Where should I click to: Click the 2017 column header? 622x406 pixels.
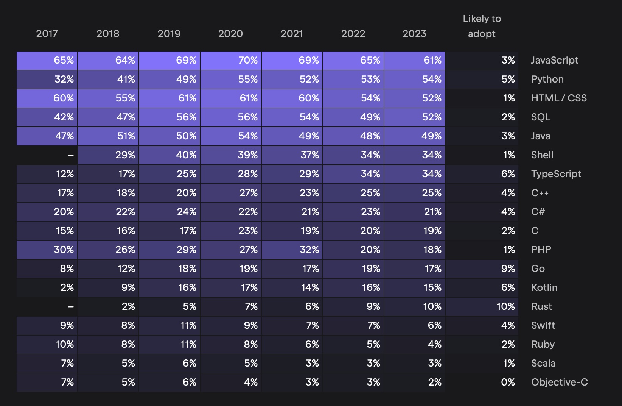pyautogui.click(x=47, y=34)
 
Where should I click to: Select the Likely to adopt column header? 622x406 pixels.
pyautogui.click(x=482, y=26)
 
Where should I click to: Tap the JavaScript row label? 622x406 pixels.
pyautogui.click(x=554, y=60)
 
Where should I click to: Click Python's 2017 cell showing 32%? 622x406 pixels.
pyautogui.click(x=47, y=80)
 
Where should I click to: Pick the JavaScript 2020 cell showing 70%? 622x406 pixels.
pyautogui.click(x=231, y=61)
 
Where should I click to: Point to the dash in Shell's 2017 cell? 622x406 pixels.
pyautogui.click(x=70, y=155)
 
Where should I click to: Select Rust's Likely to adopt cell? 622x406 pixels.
pyautogui.click(x=482, y=307)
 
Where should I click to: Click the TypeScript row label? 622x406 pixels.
pyautogui.click(x=556, y=174)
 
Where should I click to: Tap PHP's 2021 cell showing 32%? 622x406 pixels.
pyautogui.click(x=292, y=250)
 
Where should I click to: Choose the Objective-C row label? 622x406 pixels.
pyautogui.click(x=559, y=382)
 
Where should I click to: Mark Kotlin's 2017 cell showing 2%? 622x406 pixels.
pyautogui.click(x=47, y=288)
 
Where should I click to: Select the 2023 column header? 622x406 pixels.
pyautogui.click(x=414, y=34)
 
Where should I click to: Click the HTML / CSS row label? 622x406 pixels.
pyautogui.click(x=559, y=98)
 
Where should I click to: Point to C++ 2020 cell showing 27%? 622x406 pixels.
pyautogui.click(x=231, y=193)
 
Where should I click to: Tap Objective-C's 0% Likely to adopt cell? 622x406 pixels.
pyautogui.click(x=482, y=383)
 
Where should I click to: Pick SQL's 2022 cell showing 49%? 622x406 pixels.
pyautogui.click(x=353, y=117)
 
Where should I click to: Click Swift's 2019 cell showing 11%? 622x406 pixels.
pyautogui.click(x=169, y=326)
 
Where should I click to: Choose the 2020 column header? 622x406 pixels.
pyautogui.click(x=230, y=34)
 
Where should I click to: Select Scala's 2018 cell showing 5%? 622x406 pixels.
pyautogui.click(x=108, y=364)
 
